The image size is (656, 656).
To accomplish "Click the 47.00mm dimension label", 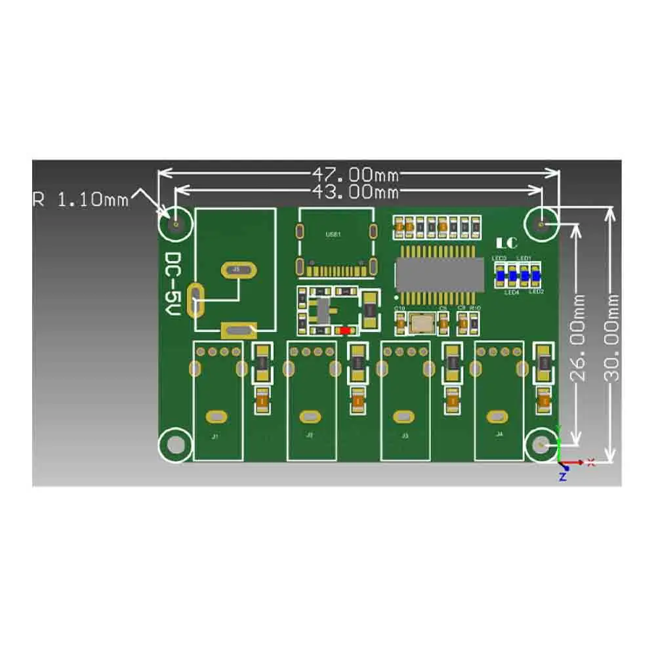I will (x=355, y=174).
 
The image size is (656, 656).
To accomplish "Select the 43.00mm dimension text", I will (x=355, y=192).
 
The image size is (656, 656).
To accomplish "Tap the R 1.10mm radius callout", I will (x=81, y=199).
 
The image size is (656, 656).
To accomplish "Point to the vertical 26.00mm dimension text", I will (x=577, y=338).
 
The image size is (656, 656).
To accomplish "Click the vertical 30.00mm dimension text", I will (x=612, y=338).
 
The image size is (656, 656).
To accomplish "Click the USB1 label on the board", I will (x=333, y=234).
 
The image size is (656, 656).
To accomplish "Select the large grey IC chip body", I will (x=440, y=272).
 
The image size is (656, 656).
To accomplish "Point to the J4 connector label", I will (x=499, y=434).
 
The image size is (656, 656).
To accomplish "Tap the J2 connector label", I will (x=310, y=435).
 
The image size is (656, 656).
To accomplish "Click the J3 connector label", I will (x=405, y=435).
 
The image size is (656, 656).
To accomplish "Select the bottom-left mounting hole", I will (x=176, y=445).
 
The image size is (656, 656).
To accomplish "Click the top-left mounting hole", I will (x=176, y=224).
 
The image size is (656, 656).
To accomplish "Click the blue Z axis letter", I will (x=562, y=477).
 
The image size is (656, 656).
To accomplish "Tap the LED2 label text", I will (x=536, y=291).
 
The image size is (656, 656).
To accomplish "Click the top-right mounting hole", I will (x=541, y=224).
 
